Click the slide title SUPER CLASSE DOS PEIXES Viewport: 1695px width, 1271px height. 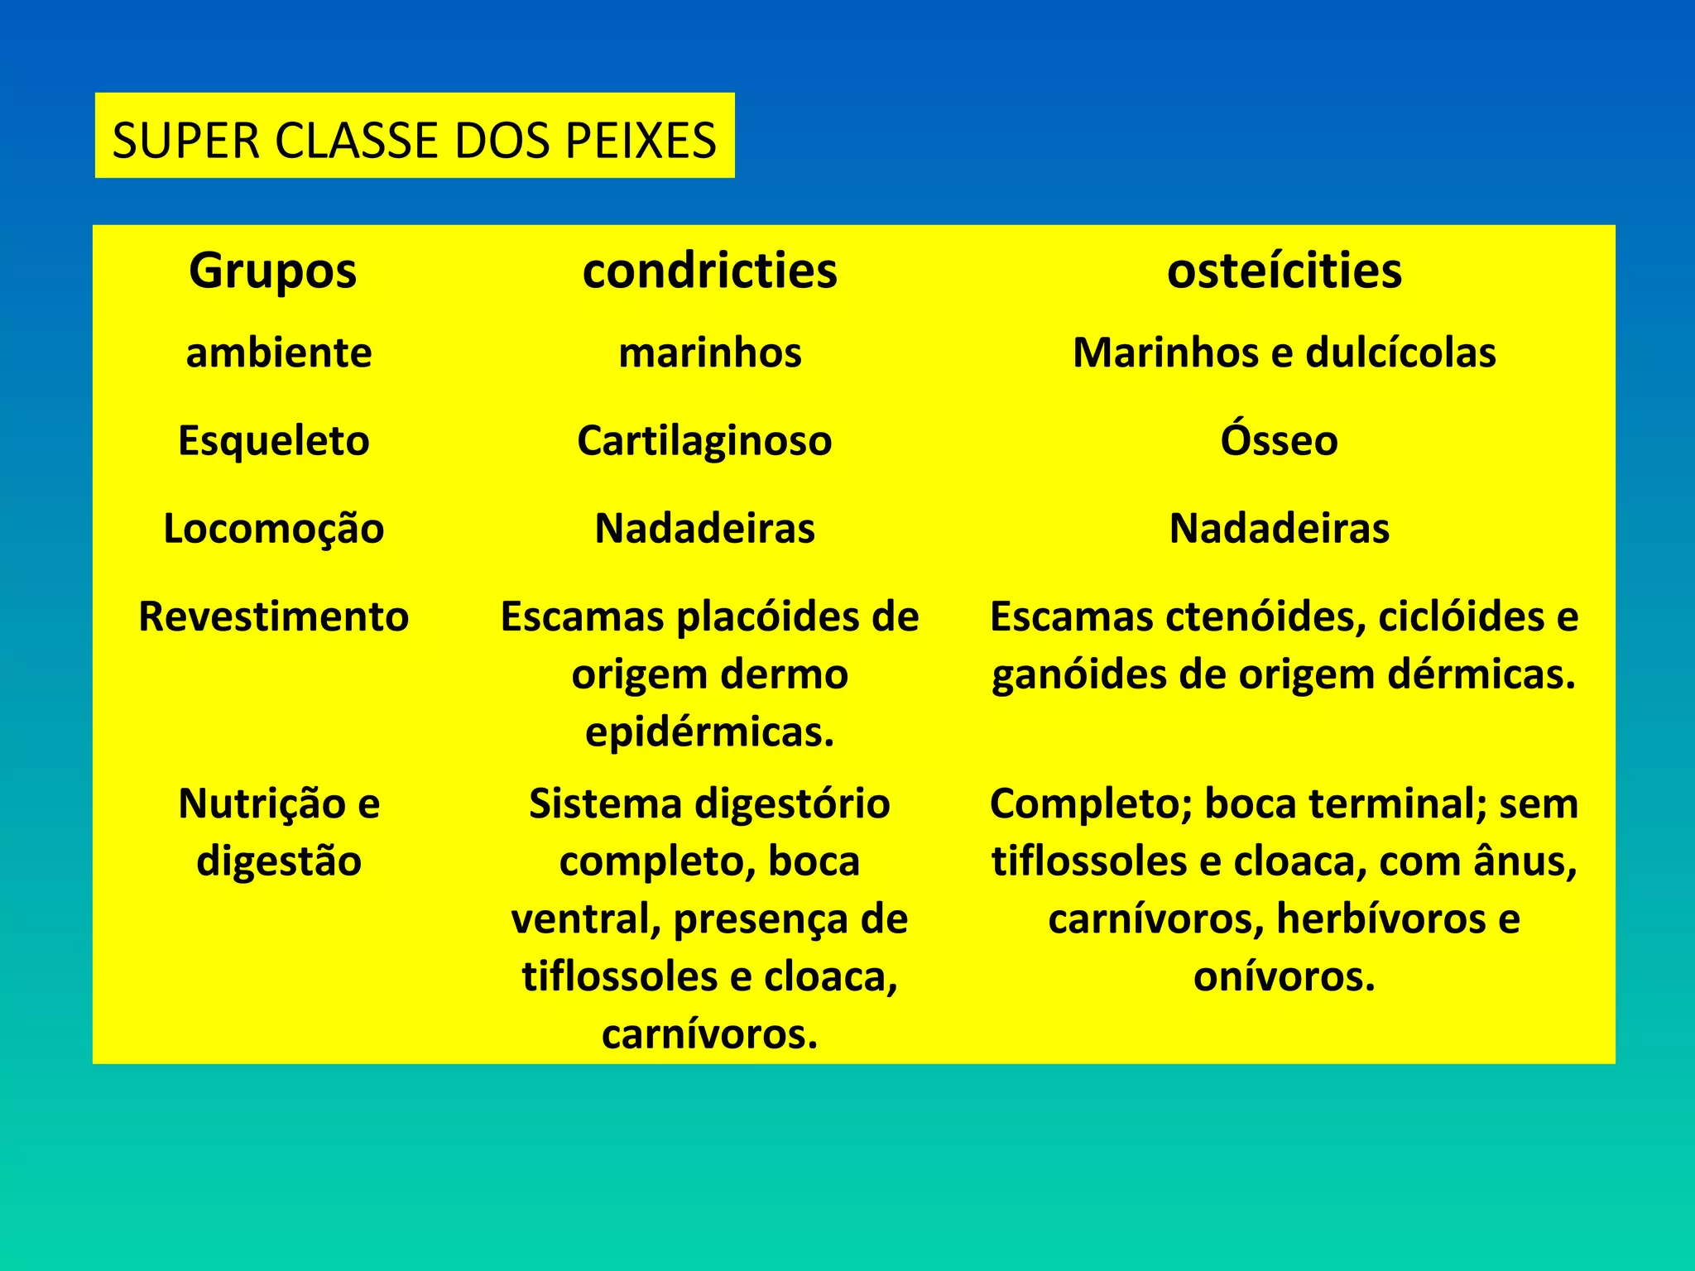414,139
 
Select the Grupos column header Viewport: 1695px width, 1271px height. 272,271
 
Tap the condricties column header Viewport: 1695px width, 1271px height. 709,271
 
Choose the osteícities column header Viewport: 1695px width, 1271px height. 1284,271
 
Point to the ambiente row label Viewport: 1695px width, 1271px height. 279,353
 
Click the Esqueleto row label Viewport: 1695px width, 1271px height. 273,440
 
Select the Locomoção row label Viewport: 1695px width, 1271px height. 273,529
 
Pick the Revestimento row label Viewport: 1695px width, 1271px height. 273,616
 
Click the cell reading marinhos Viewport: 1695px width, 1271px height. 709,353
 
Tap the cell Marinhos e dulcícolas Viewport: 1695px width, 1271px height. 1284,353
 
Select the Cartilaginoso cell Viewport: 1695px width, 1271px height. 704,440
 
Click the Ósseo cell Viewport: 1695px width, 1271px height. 1279,440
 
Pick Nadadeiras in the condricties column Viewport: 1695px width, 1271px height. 704,529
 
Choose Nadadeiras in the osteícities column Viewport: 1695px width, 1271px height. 1279,529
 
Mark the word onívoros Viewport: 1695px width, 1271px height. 1284,976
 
